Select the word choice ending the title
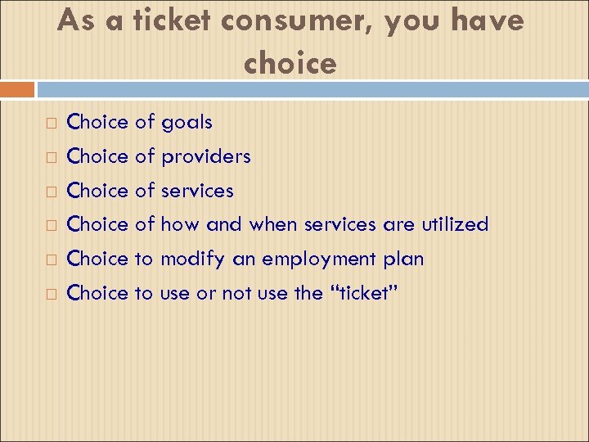tap(290, 64)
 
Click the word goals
tap(187, 123)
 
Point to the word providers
tap(205, 156)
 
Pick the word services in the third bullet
tap(197, 191)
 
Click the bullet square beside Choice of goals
tap(51, 124)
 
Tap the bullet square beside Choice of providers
tap(51, 157)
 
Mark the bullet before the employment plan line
tap(51, 260)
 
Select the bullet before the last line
tap(51, 295)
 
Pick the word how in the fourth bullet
tap(180, 224)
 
